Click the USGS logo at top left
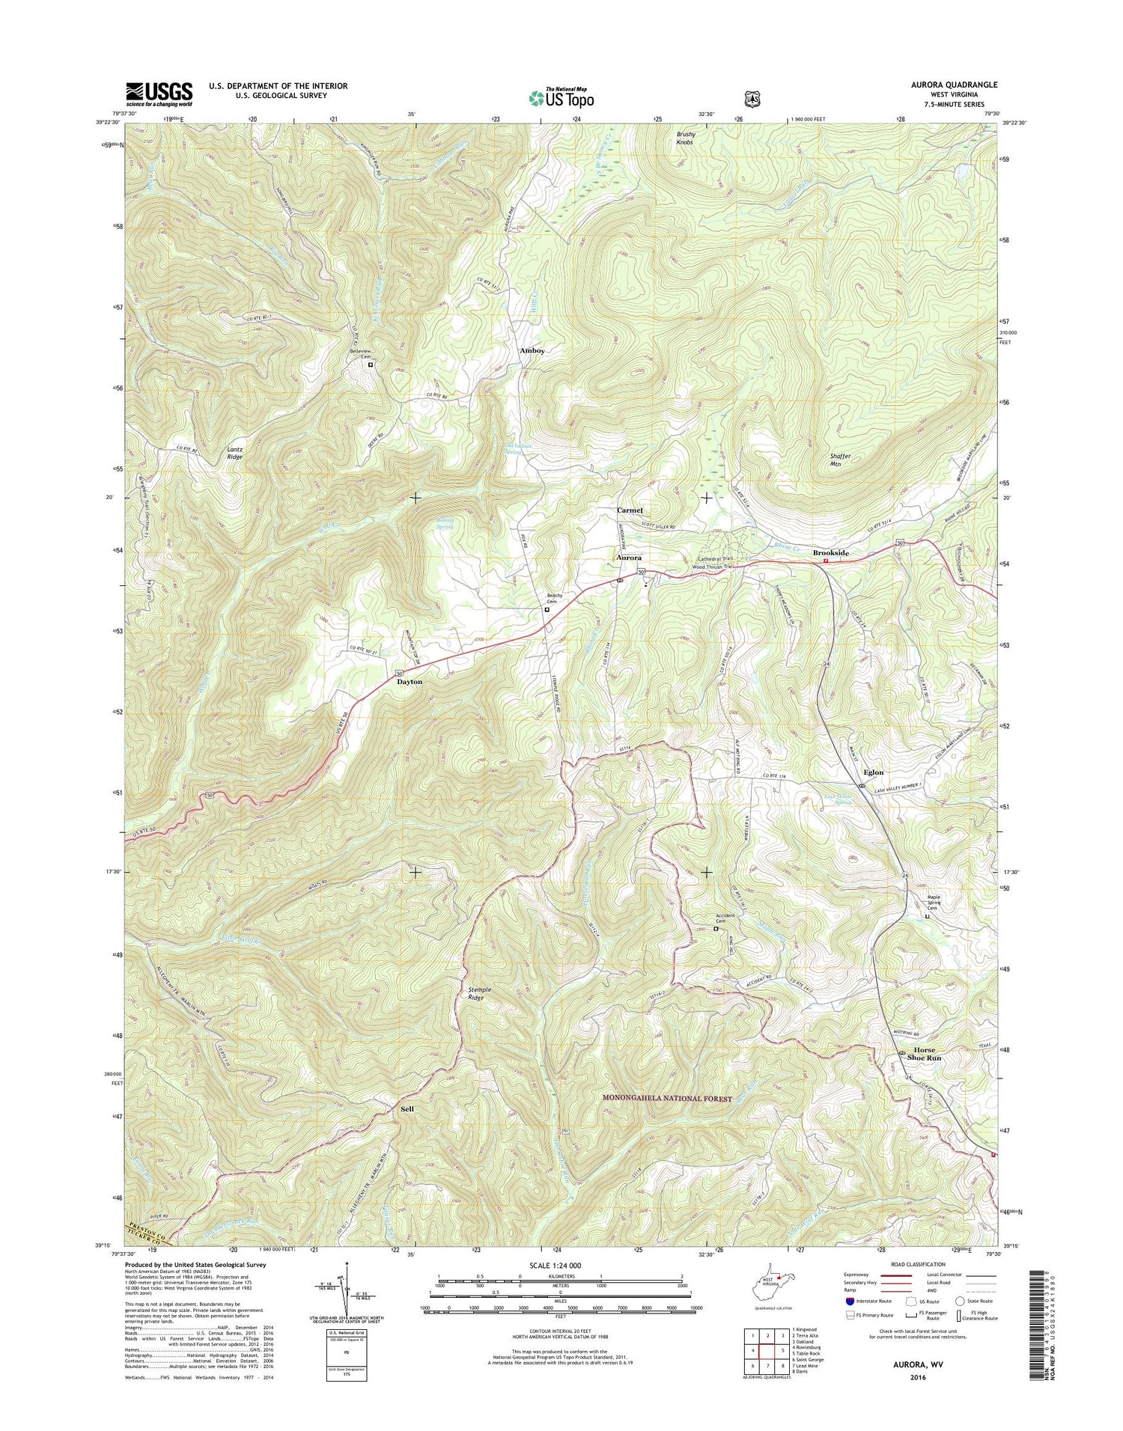(x=159, y=94)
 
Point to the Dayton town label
(x=410, y=682)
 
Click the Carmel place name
(x=630, y=510)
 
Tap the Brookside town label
(x=831, y=552)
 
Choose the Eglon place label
(x=873, y=772)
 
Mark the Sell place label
(x=407, y=1108)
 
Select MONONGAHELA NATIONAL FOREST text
(x=667, y=1098)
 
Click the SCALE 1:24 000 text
(x=560, y=1265)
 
